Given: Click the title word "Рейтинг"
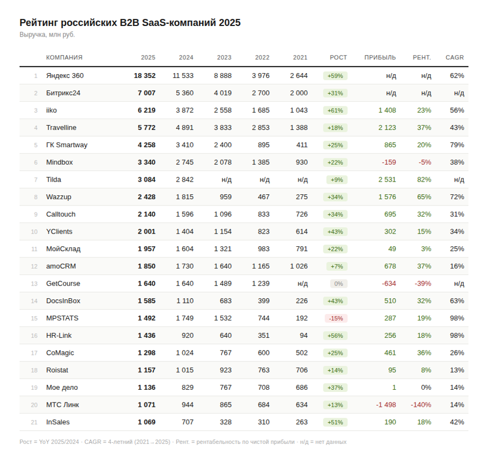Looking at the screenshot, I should pos(39,23).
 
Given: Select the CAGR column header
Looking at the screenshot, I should pos(455,58).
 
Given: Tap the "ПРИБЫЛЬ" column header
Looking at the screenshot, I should pos(379,58).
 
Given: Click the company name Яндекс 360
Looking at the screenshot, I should pos(65,76).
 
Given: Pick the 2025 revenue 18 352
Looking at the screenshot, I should pos(144,76).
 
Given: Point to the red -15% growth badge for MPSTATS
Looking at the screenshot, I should pos(336,318).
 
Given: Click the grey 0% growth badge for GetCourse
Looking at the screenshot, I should pos(338,284).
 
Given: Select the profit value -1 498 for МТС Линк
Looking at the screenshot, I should pos(386,405).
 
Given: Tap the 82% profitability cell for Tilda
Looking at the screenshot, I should pos(424,180).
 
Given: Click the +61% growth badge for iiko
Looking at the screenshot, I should pos(336,111).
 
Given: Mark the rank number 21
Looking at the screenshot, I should pos(34,422).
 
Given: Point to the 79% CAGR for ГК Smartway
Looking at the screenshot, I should pos(457,145).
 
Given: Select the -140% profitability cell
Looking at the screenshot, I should pos(421,405).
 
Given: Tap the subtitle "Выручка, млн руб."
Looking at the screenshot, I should pos(47,35).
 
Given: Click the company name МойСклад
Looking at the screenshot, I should pos(63,249).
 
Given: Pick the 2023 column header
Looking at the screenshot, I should pos(224,58).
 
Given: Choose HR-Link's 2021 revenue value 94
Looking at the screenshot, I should pos(303,336).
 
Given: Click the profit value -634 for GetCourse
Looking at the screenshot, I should pos(388,284).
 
